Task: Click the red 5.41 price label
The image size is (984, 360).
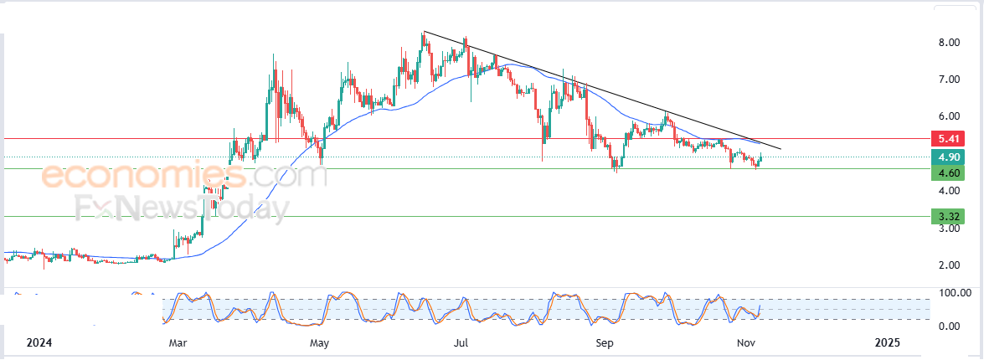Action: tap(950, 137)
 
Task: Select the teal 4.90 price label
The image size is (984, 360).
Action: tap(950, 157)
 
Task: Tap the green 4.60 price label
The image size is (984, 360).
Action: tap(950, 173)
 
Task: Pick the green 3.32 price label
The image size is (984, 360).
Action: tap(950, 217)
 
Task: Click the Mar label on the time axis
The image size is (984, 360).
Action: tap(178, 343)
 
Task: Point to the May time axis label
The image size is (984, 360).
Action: tap(319, 343)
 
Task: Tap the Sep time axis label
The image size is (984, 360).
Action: tap(604, 343)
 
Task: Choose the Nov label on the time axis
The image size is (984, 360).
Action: tap(746, 343)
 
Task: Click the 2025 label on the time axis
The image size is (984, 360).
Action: tap(887, 343)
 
